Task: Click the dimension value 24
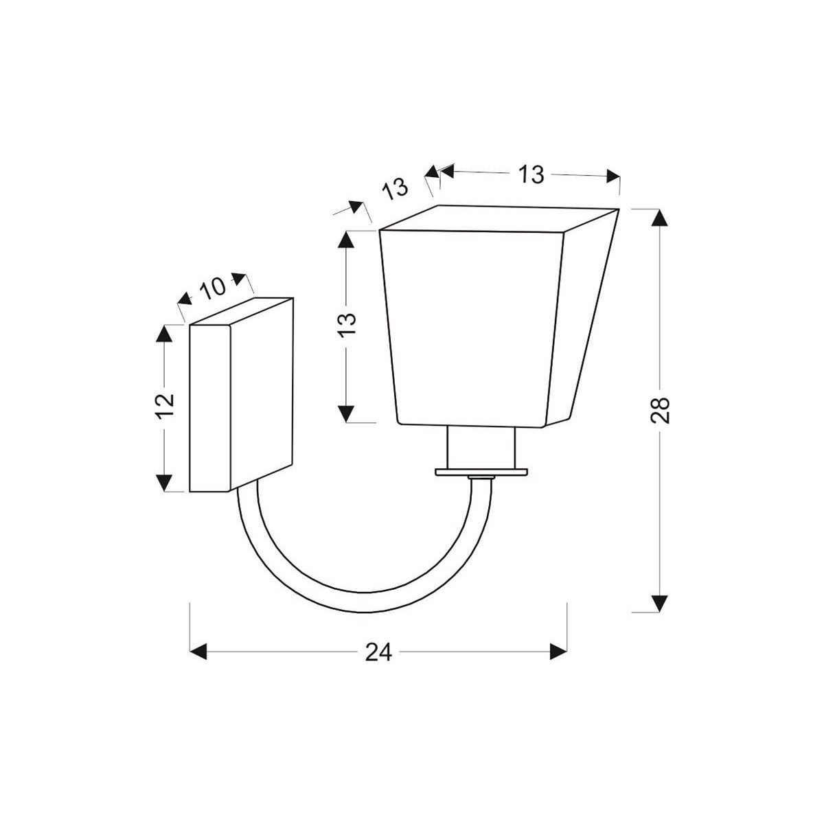378,652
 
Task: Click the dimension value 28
659,410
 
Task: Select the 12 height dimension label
165,407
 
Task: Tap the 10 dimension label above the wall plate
213,287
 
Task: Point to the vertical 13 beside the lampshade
347,324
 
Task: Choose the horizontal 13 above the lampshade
530,175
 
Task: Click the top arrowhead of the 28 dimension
659,218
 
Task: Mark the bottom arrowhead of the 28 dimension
659,603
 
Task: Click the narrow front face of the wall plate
209,408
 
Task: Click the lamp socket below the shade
481,446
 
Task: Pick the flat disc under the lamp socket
481,472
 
